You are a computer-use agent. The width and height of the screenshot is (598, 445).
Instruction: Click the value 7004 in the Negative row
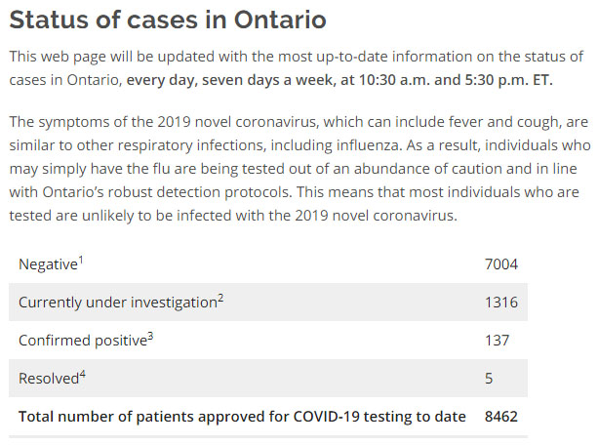[x=501, y=263]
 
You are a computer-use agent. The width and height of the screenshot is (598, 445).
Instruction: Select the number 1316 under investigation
[x=501, y=302]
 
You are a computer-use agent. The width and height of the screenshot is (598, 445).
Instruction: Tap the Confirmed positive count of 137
[x=497, y=340]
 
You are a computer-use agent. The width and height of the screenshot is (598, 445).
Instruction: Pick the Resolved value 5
[x=489, y=378]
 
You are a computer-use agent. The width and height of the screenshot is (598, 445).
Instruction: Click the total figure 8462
[x=501, y=417]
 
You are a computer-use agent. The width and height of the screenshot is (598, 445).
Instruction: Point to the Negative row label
[x=48, y=264]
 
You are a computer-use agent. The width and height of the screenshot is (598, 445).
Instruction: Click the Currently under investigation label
[x=117, y=303]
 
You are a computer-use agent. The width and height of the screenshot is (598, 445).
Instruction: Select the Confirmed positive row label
[x=82, y=341]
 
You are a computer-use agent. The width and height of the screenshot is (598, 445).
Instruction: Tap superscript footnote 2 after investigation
[x=220, y=298]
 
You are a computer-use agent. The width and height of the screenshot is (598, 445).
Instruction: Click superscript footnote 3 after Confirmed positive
[x=150, y=336]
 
